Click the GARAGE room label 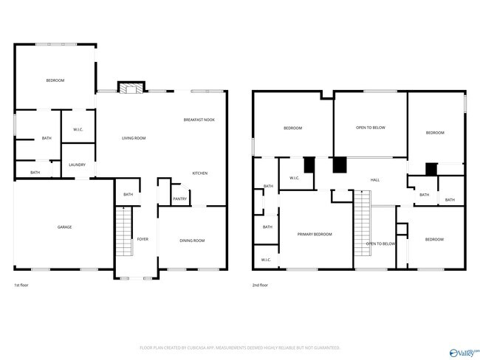[65, 226]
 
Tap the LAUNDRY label [78, 165]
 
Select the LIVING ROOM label [134, 138]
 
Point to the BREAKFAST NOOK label [199, 120]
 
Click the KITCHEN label [199, 173]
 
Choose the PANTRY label [179, 198]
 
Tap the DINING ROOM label [192, 240]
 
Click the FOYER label [143, 240]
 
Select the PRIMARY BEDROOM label [315, 235]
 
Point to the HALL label [374, 180]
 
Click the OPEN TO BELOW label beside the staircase [381, 243]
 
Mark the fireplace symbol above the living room [131, 89]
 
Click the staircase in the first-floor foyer [123, 232]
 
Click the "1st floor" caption [21, 285]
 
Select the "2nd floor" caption [260, 285]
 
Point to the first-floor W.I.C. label [78, 130]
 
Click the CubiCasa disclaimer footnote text [239, 347]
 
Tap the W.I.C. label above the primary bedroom [294, 178]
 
